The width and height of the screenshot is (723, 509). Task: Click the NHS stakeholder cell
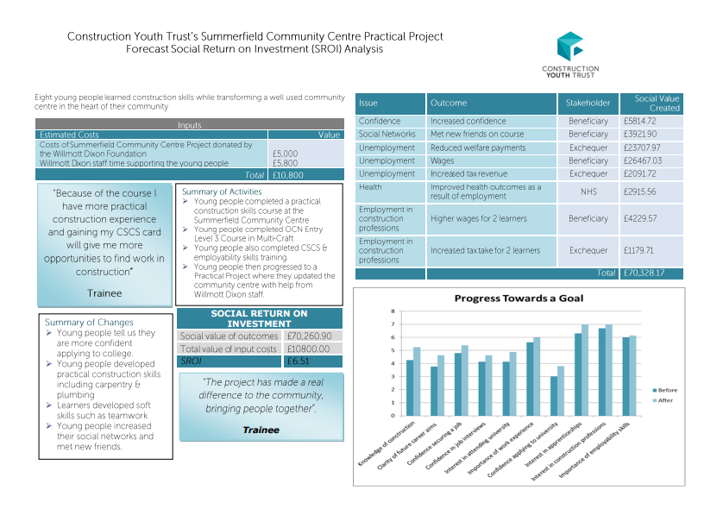click(x=588, y=192)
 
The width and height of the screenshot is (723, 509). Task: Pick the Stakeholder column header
click(x=588, y=104)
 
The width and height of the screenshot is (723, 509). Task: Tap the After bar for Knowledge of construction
click(x=417, y=380)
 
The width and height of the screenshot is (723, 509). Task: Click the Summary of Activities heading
click(x=222, y=191)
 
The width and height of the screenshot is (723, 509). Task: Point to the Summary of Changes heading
click(x=88, y=323)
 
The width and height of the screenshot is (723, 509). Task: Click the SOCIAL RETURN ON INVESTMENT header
click(x=259, y=318)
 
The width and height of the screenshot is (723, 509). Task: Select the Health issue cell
click(x=370, y=187)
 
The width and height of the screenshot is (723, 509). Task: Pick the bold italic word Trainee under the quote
click(x=261, y=430)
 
